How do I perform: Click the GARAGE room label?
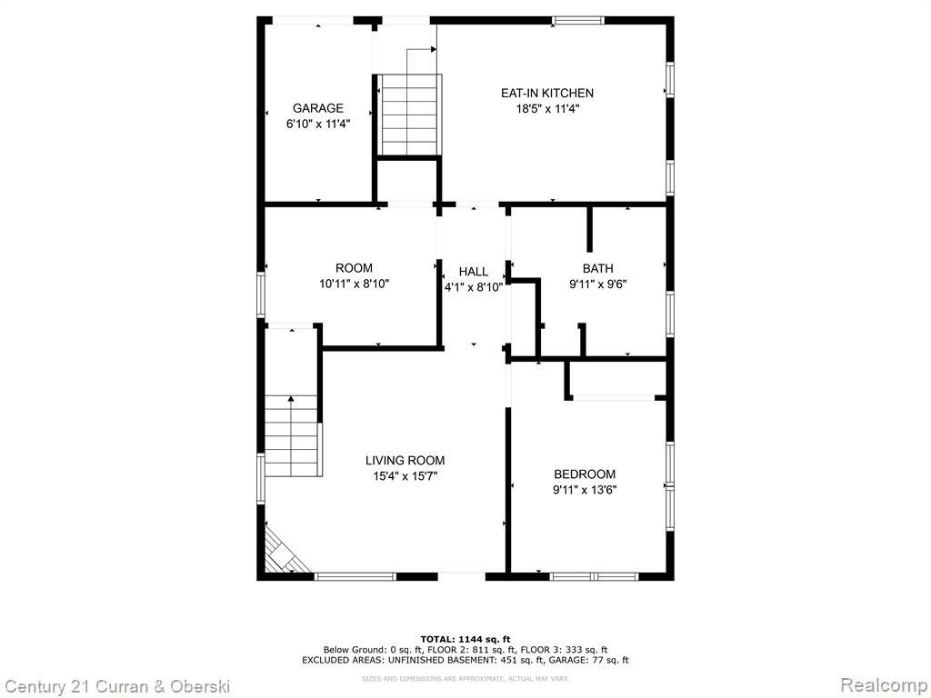317,108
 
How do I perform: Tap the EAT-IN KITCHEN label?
546,93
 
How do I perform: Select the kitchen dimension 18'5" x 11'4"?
546,109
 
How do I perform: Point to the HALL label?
473,272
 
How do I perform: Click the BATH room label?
598,268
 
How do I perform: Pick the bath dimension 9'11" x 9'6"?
598,284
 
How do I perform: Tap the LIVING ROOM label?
405,460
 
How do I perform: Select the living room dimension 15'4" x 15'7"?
405,476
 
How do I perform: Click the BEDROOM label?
585,474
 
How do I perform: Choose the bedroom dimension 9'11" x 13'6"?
585,490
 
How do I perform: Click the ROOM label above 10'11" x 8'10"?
354,268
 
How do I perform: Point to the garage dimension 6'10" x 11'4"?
317,124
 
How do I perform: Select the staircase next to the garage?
410,115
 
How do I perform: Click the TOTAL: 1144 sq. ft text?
465,639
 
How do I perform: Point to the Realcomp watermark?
883,685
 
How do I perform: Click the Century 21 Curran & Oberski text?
117,687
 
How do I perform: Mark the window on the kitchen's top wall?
577,20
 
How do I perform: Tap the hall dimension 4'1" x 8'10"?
473,288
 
